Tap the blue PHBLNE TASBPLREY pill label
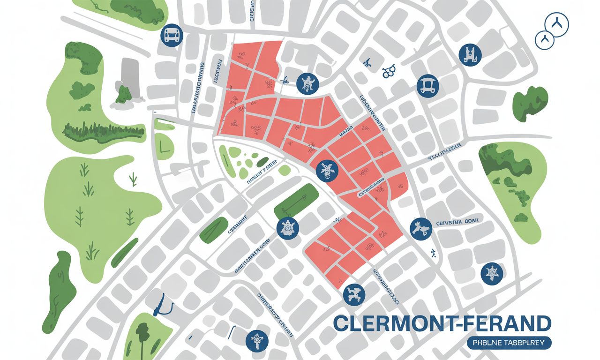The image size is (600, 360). pyautogui.click(x=509, y=343)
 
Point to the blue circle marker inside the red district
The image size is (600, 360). pyautogui.click(x=327, y=171)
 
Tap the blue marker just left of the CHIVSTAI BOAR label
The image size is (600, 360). pyautogui.click(x=420, y=228)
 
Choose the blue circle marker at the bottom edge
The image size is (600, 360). pyautogui.click(x=256, y=339)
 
